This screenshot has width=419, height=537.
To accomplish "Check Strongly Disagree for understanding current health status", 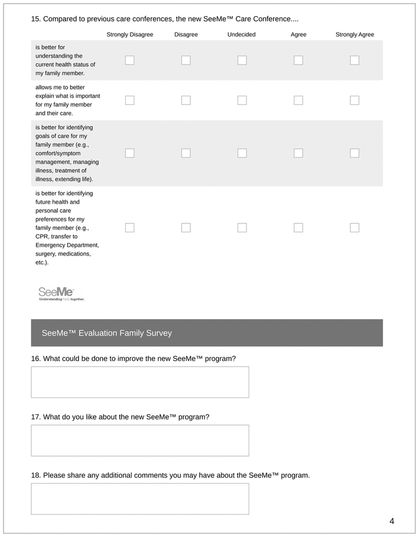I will tap(130, 60).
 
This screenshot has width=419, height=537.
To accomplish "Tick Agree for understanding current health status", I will tap(298, 60).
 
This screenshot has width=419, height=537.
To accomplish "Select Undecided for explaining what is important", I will tap(242, 100).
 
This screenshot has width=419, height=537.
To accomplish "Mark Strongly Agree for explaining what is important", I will tap(354, 100).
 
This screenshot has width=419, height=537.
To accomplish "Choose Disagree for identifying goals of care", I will tap(186, 153).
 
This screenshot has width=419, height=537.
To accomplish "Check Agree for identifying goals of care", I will tap(298, 153).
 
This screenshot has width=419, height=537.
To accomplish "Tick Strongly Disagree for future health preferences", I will tap(130, 227).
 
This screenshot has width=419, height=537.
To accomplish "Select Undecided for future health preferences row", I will tap(242, 227).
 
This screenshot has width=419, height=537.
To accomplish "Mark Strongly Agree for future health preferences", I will tap(354, 227).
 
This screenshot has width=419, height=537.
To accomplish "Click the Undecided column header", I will tap(241, 35).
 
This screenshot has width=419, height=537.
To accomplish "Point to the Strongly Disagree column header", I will tap(130, 35).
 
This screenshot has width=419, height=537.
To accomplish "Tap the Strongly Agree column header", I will tap(354, 35).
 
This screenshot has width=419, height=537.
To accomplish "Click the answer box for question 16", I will tap(140, 382).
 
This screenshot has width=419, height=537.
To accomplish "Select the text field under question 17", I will tap(140, 440).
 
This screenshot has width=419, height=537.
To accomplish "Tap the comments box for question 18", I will tap(140, 499).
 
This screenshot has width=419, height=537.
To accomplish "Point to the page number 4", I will tap(391, 521).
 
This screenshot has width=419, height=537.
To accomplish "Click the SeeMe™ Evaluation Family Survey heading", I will tap(107, 333).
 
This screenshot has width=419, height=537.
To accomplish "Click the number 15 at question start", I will tap(35, 19).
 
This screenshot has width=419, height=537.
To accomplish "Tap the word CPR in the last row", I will tap(42, 236).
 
